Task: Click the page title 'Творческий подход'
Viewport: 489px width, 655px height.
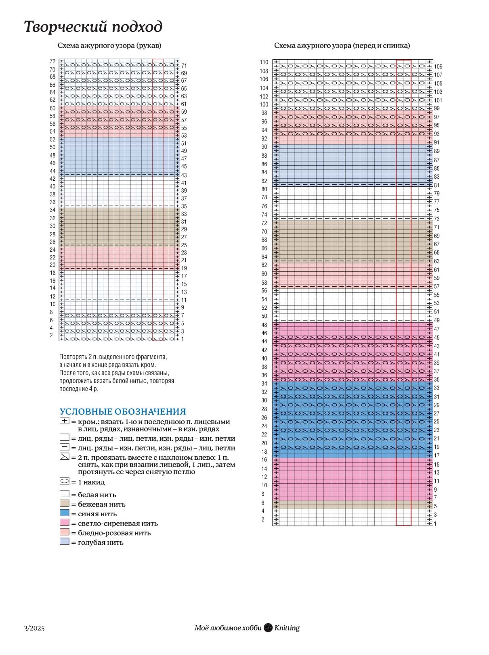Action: tap(93, 27)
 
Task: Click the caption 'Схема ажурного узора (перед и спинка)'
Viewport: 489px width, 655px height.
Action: tap(342, 46)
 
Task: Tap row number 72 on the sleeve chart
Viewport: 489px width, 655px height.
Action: tap(52, 61)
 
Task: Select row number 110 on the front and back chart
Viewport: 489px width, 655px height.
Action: tap(264, 62)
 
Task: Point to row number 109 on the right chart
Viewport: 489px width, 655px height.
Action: tap(438, 67)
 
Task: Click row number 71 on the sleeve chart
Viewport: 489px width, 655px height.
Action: tap(184, 66)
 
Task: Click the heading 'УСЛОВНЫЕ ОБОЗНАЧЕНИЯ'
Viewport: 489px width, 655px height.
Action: tap(123, 411)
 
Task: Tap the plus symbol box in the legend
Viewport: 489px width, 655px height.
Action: tap(65, 421)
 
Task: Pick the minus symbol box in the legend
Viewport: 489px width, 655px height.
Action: tap(65, 447)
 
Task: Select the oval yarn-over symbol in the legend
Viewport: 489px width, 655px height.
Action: tap(65, 481)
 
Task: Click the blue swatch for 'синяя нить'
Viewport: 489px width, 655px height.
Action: tap(65, 513)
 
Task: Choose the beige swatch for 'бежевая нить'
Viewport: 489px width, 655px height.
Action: tap(65, 503)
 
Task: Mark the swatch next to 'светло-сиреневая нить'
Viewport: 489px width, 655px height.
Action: tap(65, 523)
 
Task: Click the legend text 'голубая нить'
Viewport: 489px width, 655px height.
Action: tap(101, 542)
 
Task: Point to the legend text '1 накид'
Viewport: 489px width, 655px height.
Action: tap(91, 482)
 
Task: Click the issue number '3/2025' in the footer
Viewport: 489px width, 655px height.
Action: tap(34, 628)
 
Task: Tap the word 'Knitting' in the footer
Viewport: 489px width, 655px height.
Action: tap(287, 628)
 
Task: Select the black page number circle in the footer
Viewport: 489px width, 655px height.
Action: tap(268, 628)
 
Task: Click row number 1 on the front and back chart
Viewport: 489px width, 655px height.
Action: tap(435, 524)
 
